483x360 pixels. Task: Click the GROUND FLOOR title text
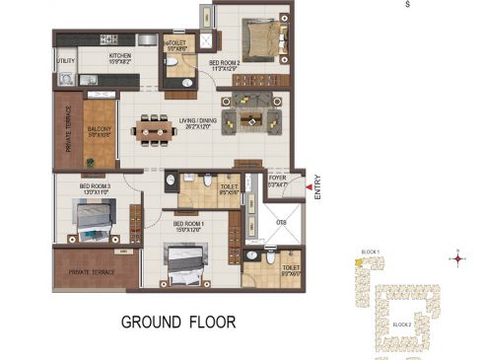(177, 322)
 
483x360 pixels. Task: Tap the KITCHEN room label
(120, 57)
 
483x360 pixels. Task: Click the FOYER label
(277, 181)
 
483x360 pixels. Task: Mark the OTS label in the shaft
(280, 223)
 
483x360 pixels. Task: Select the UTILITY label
(65, 61)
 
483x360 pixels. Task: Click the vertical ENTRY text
(317, 189)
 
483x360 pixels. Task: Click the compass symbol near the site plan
(456, 259)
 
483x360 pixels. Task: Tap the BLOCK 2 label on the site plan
(402, 324)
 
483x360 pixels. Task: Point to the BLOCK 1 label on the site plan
(372, 253)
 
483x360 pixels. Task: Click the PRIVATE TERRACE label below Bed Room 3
(91, 272)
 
